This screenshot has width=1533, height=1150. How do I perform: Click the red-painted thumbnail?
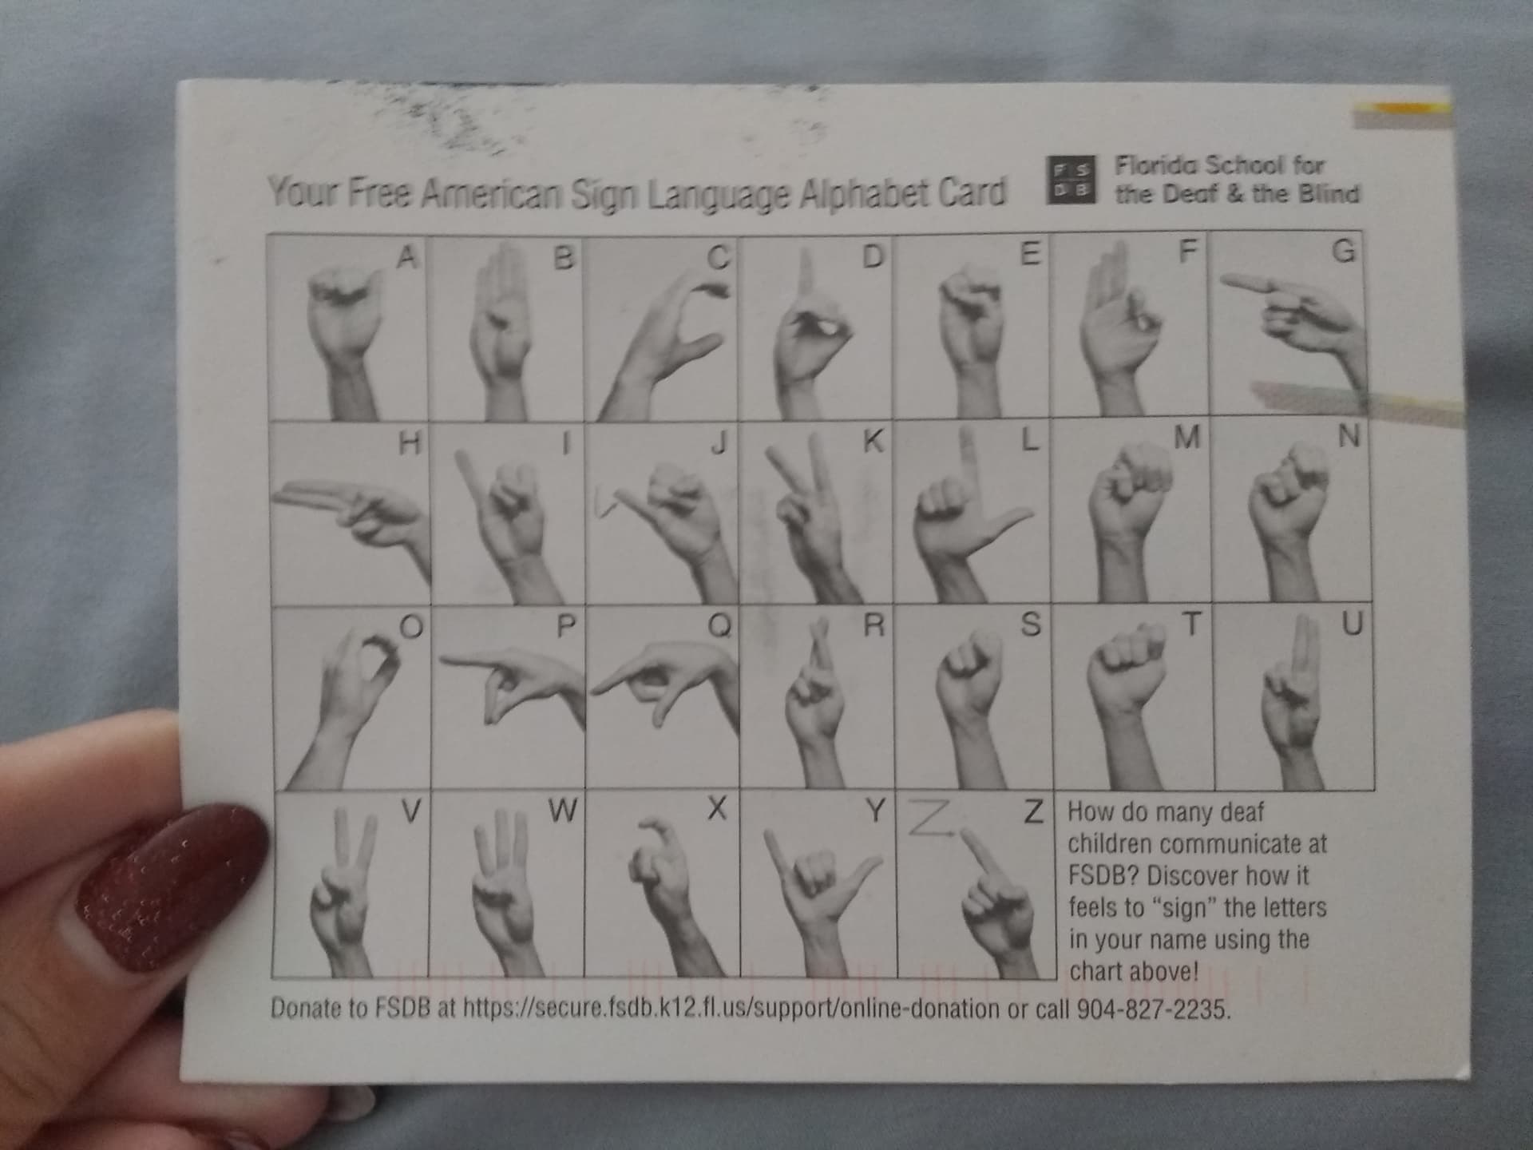click(x=172, y=886)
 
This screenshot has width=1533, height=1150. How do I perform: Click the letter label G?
click(x=1345, y=251)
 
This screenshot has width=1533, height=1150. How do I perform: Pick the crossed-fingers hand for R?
click(x=814, y=711)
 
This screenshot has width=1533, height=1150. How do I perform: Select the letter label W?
click(x=562, y=811)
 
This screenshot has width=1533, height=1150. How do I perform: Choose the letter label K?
click(x=873, y=441)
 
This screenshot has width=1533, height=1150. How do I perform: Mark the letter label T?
click(x=1190, y=625)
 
